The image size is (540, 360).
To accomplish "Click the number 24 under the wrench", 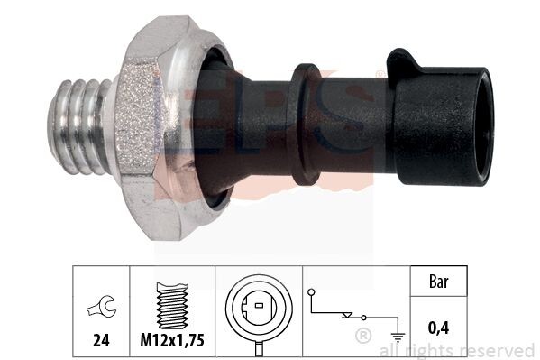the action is [101, 340].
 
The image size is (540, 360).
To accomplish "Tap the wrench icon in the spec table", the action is [102, 306].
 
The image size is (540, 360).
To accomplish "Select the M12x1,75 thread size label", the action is [172, 340].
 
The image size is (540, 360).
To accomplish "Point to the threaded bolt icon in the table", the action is [172, 306].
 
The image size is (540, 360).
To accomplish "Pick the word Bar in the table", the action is [439, 282].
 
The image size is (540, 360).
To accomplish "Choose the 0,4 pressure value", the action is [438, 328].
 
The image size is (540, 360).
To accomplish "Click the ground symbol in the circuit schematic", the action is [398, 337].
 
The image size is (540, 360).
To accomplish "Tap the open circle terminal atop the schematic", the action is [311, 292].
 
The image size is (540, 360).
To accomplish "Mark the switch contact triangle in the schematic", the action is [347, 315].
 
